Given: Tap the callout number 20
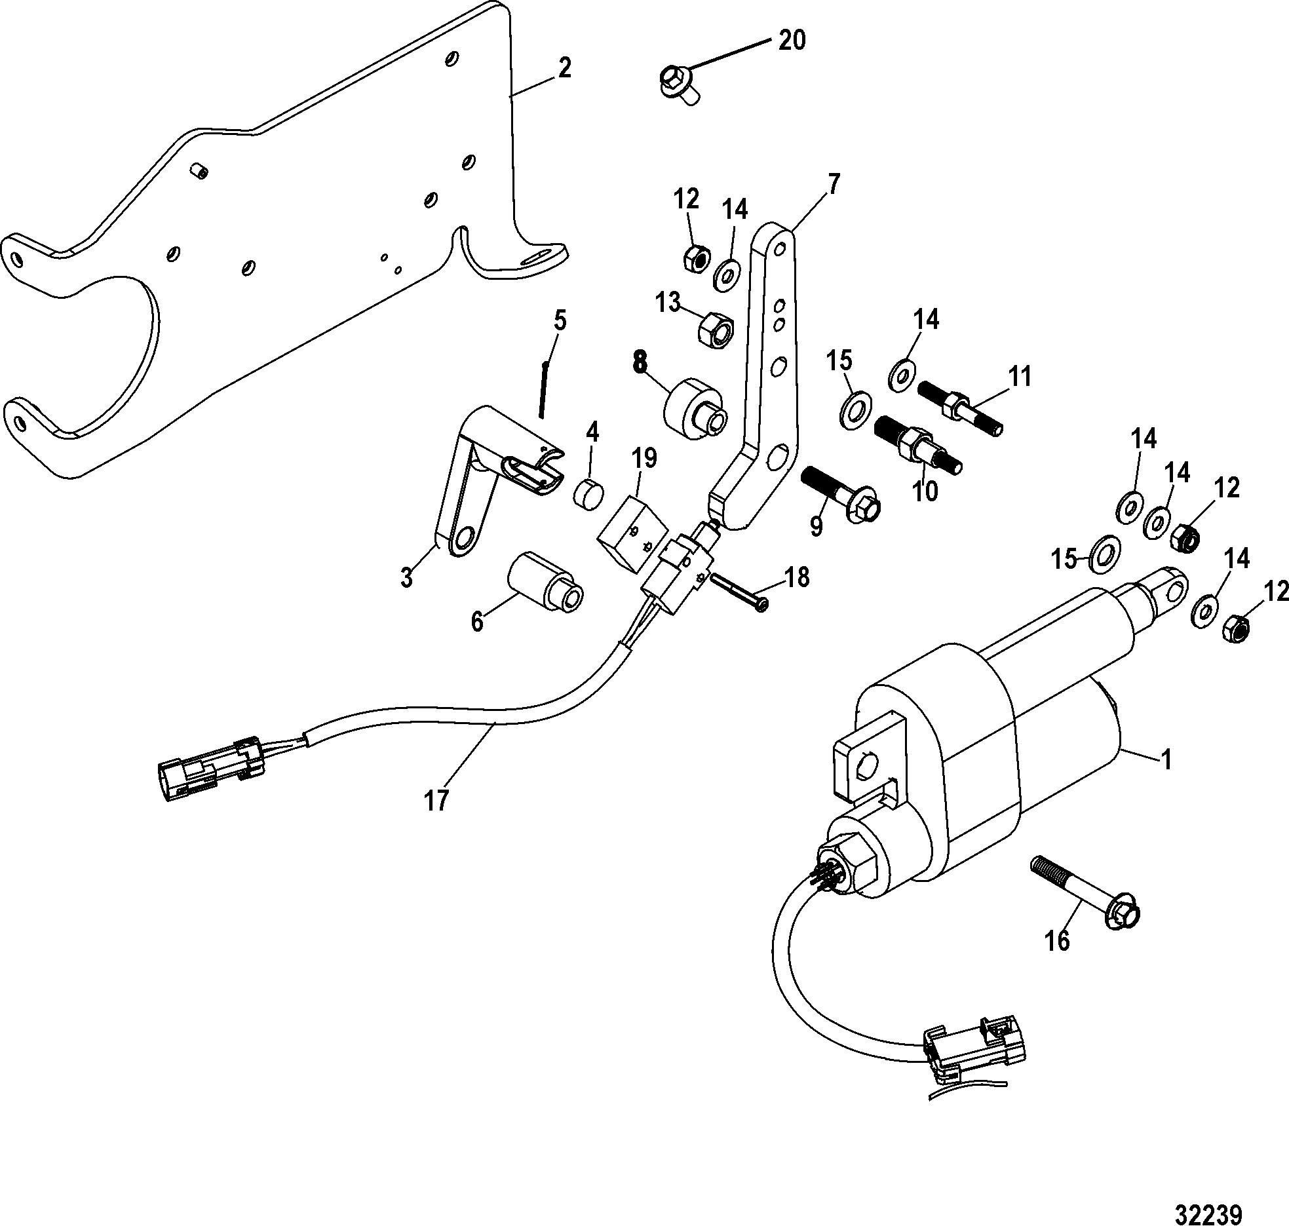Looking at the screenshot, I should coord(792,41).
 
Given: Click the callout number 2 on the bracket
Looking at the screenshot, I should coord(564,68).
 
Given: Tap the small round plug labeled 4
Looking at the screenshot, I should coord(589,492).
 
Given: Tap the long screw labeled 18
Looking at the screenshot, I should coord(738,591).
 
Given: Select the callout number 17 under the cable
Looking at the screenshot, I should coord(436,800).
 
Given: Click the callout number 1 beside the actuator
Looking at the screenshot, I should coord(1165,759).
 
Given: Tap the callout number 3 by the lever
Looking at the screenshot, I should coord(407,578).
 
